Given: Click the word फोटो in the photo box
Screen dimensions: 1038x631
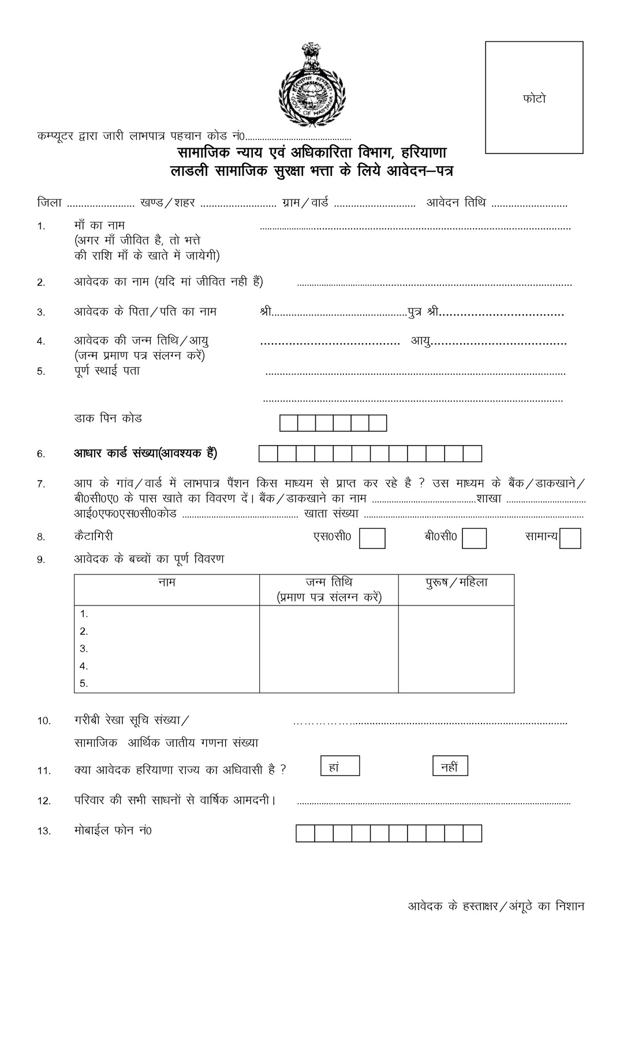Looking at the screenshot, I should click(533, 99).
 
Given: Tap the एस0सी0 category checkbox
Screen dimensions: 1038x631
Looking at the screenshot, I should click(372, 538).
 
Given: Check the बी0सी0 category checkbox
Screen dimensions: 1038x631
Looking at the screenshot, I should click(474, 538).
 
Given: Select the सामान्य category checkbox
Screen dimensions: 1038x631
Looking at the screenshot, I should click(570, 538).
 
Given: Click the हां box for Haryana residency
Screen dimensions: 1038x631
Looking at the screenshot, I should click(340, 766).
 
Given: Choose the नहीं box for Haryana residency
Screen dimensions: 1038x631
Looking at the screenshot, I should click(450, 766).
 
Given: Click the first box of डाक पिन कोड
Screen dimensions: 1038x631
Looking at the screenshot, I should click(288, 423).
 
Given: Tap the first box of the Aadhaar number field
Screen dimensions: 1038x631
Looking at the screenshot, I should click(268, 454).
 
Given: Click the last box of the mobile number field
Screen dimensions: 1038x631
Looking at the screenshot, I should click(472, 833).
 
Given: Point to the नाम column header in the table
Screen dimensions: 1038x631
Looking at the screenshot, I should click(166, 582).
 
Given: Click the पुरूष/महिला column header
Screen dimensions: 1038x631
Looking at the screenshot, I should click(456, 582).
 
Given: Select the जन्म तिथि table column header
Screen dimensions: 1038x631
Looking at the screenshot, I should click(328, 582).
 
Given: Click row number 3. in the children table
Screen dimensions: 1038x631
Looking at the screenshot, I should click(84, 648).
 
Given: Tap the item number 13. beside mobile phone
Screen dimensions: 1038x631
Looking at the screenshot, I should click(44, 831).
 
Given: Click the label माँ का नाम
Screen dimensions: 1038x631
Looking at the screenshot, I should click(99, 225).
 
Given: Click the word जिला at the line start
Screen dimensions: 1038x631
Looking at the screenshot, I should click(49, 203).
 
